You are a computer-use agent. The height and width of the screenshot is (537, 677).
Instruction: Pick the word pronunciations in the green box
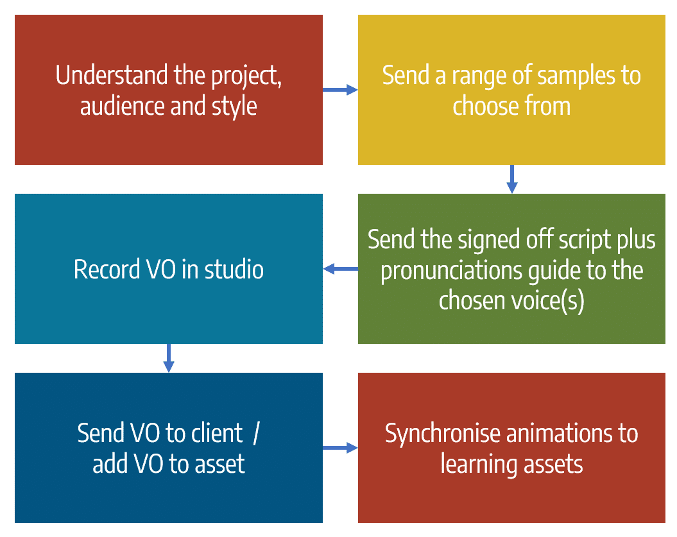tap(449, 270)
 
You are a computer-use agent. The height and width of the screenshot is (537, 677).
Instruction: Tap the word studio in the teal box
tap(234, 269)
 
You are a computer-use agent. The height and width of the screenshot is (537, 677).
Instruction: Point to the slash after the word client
tap(255, 433)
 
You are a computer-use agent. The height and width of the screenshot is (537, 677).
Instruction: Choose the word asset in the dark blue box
tap(220, 463)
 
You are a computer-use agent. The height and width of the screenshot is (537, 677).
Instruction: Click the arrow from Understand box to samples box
tap(340, 90)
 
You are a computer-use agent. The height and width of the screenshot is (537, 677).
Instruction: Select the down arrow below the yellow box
tap(511, 179)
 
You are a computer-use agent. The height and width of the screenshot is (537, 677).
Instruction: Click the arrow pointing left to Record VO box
tap(340, 269)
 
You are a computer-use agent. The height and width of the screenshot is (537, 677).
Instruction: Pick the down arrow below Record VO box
tap(168, 358)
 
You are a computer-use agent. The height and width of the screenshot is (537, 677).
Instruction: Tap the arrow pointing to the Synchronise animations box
tap(340, 448)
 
